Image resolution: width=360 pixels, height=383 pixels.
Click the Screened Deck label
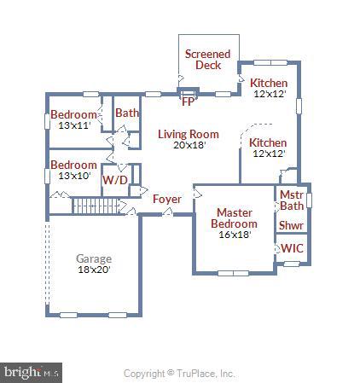pos(207,60)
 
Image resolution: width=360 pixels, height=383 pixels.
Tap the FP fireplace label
pos(189,101)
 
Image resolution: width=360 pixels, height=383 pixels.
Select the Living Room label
pos(188,134)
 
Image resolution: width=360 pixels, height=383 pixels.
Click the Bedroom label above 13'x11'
pos(73,115)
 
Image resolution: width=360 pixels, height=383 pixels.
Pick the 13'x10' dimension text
pos(73,176)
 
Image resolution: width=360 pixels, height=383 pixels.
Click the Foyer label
pos(166,200)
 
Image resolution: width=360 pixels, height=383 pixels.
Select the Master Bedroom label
pos(233,218)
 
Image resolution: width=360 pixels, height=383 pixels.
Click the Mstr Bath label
pos(292,200)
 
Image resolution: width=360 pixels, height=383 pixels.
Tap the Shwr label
pos(291,226)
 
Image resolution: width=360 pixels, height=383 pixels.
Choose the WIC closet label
pos(291,248)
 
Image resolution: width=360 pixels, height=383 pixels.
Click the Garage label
pos(94,258)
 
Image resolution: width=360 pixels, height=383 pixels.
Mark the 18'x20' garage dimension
pos(94,270)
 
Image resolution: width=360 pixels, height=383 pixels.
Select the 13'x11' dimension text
pos(73,126)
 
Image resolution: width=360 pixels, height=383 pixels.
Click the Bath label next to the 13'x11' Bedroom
pos(127,113)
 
